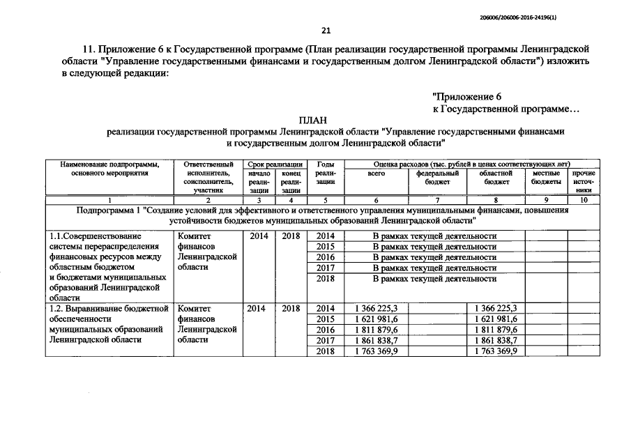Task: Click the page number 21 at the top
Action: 326,30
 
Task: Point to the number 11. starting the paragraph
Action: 88,49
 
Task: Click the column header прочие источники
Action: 584,181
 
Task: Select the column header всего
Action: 376,173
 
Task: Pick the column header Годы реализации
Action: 325,177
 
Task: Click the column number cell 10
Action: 584,199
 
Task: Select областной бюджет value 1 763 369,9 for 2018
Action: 496,351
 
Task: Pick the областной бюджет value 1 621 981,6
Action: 496,319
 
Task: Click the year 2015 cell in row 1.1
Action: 325,247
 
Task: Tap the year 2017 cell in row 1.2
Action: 325,340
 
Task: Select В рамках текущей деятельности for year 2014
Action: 434,236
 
